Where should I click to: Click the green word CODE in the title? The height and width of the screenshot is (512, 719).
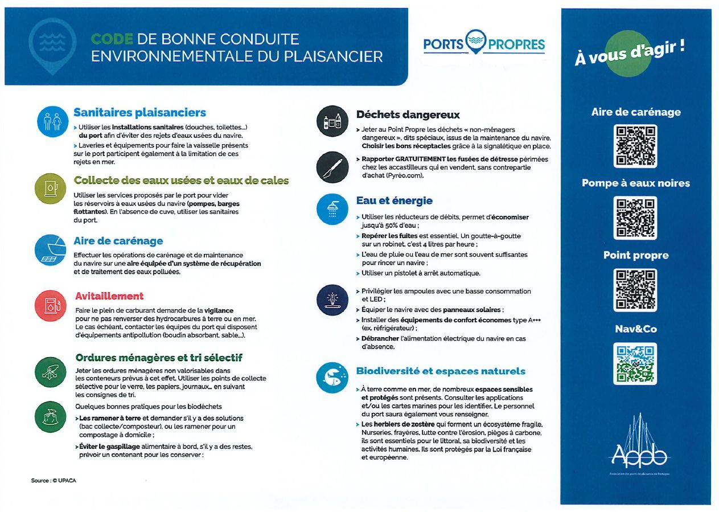click(112, 39)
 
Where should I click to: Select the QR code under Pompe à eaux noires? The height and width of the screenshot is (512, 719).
click(635, 218)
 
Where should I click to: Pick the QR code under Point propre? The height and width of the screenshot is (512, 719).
click(635, 290)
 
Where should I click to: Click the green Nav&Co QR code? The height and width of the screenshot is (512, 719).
click(635, 363)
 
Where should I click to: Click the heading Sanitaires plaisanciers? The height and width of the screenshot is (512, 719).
click(139, 113)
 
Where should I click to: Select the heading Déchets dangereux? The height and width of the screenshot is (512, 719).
click(408, 115)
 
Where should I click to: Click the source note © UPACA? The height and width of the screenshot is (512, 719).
click(54, 481)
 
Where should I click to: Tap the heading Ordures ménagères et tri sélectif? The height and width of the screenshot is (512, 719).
click(159, 358)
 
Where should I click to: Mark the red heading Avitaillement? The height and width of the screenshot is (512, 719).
click(109, 296)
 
